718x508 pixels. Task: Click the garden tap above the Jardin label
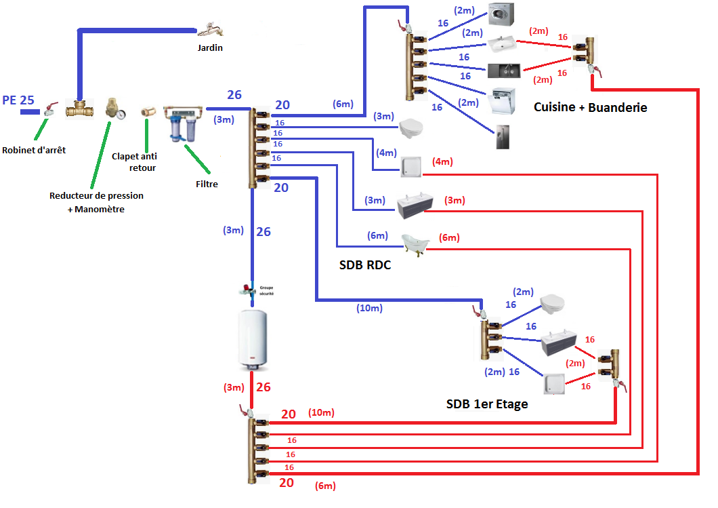211,29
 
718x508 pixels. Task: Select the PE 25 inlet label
18,100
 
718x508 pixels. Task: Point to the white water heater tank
253,339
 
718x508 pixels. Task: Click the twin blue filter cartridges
183,126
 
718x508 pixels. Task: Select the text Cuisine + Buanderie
590,107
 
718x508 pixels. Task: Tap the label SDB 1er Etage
486,404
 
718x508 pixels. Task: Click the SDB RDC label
365,265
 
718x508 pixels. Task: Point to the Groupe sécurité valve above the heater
251,290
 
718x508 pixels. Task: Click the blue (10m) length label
369,308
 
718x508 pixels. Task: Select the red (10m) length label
321,412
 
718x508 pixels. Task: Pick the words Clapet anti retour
133,161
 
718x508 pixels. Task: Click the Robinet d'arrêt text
34,150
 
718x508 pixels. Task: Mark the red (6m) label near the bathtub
448,237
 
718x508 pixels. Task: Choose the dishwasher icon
502,102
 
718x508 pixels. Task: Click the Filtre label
206,183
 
